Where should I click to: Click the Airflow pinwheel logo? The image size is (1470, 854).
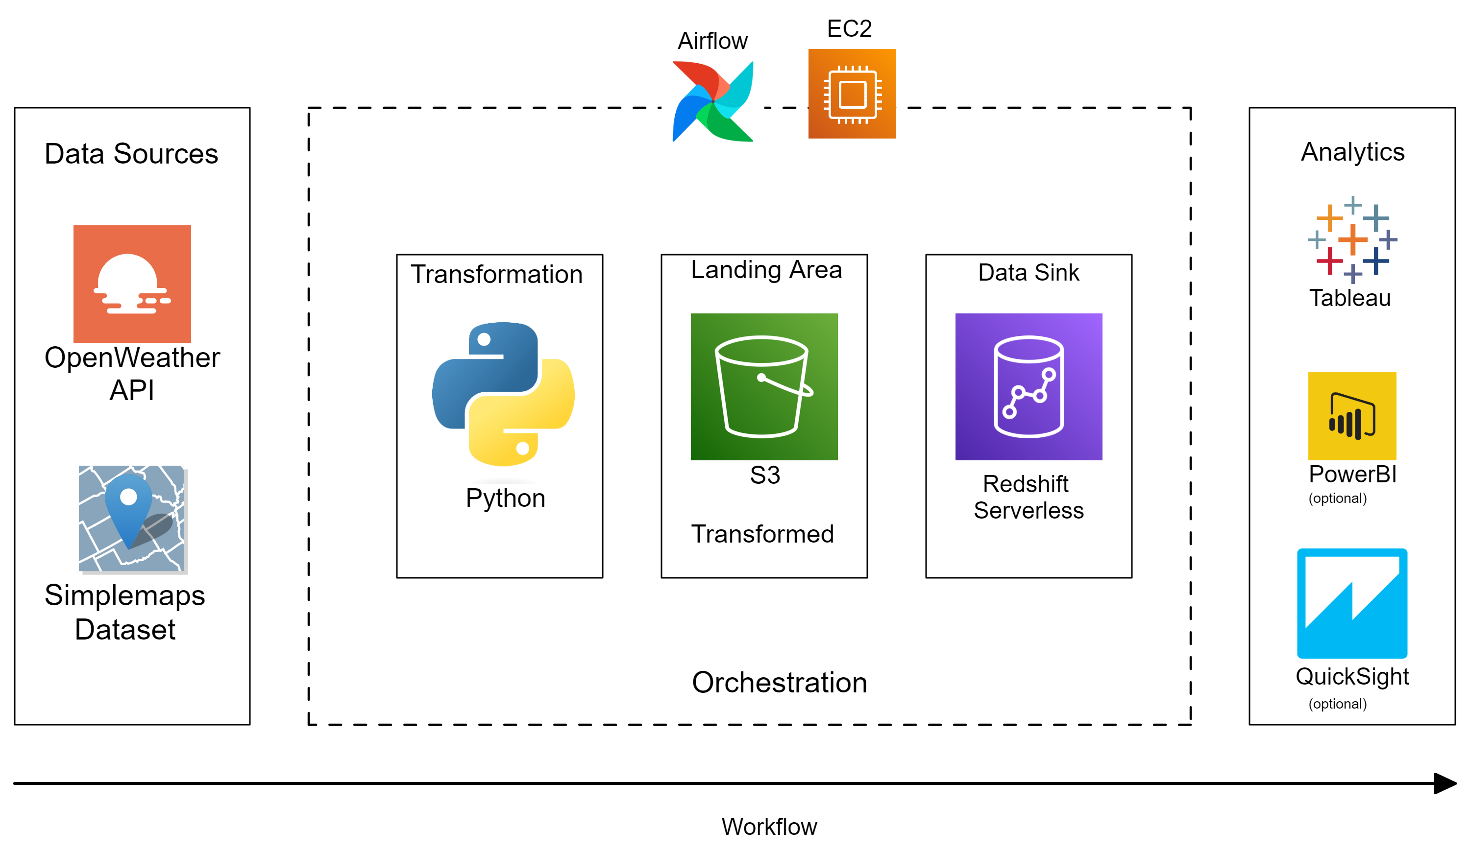[712, 101]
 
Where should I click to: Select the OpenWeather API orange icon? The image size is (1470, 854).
[132, 284]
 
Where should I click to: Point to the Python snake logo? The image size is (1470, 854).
[503, 394]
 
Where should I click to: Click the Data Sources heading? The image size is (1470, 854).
[131, 154]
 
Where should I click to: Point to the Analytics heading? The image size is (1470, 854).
[1352, 152]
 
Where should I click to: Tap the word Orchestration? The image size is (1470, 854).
[779, 682]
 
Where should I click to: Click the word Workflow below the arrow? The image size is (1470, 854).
[769, 827]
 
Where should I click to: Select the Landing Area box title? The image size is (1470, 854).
[766, 270]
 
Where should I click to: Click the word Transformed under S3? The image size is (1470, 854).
[762, 534]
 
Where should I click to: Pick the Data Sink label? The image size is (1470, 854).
[1028, 272]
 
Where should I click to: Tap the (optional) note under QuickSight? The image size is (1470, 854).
[1337, 704]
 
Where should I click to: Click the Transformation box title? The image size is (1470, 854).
[496, 274]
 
